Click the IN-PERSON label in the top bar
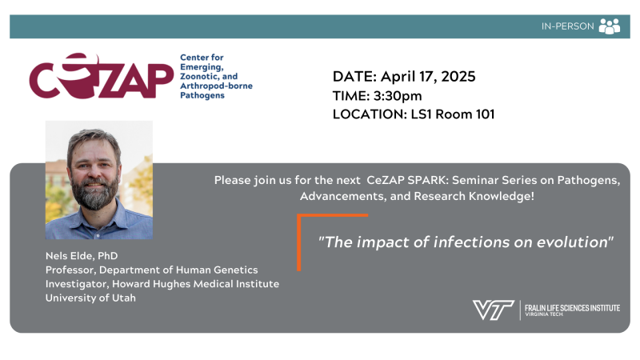tap(567, 26)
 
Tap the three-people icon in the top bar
tap(610, 26)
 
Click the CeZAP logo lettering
tap(102, 76)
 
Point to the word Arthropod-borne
tap(216, 86)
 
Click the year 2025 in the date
tap(458, 76)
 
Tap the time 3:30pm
tap(397, 95)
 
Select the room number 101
tap(485, 114)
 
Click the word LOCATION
tap(370, 114)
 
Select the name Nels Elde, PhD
tap(82, 256)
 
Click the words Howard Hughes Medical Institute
tap(195, 284)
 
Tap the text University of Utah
tap(90, 298)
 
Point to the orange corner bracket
tap(299, 242)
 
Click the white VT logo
tap(493, 310)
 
